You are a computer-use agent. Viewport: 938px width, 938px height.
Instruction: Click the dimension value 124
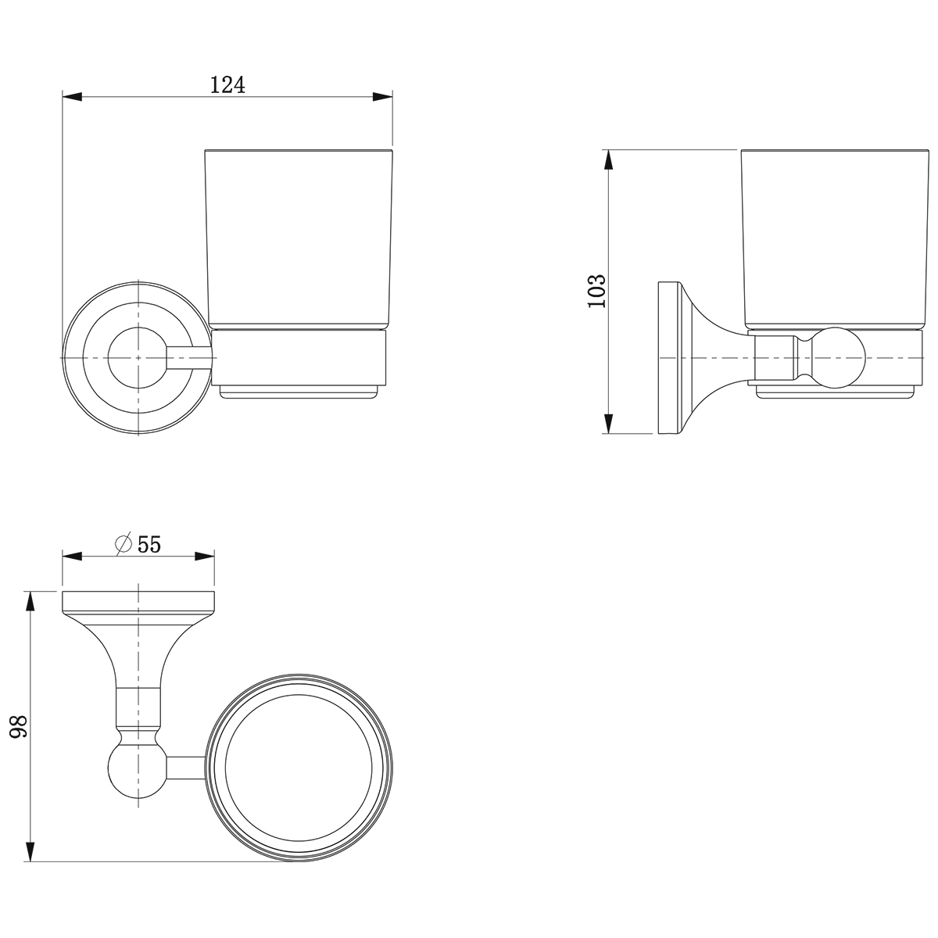point(227,85)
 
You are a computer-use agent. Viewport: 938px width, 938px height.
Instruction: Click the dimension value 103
point(596,291)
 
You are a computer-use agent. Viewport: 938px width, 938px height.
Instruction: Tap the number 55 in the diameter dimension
point(149,544)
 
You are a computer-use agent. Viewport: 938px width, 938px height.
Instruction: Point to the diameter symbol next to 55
point(124,544)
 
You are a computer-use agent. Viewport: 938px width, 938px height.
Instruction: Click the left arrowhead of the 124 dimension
point(72,96)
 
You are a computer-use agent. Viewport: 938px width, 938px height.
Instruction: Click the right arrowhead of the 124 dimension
point(382,96)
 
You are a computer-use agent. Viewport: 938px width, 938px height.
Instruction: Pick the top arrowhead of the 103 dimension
point(608,159)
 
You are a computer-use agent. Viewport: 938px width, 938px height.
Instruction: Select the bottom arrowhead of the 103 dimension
point(608,424)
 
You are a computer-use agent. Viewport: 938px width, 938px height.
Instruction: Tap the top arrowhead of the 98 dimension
point(30,601)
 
